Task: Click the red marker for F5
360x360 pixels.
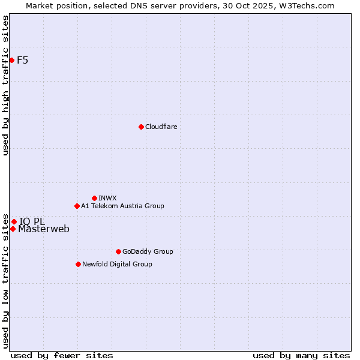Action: (x=11, y=60)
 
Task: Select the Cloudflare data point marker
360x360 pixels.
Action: (x=141, y=127)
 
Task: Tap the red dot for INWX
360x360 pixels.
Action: (x=94, y=198)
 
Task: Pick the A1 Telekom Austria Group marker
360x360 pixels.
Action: (x=77, y=206)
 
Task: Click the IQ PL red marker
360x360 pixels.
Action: (x=14, y=221)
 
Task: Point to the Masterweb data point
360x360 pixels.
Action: (x=13, y=229)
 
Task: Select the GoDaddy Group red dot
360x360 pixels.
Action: (x=118, y=251)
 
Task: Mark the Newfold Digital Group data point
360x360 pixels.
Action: (x=78, y=264)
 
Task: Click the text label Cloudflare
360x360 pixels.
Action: (x=161, y=127)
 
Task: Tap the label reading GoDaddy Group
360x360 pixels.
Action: (x=148, y=251)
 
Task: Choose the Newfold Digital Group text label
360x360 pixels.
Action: (x=117, y=264)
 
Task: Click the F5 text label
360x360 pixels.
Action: (x=23, y=60)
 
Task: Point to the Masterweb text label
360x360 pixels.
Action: (x=44, y=229)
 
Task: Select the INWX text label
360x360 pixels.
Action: (x=107, y=198)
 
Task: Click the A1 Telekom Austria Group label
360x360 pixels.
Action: (x=122, y=206)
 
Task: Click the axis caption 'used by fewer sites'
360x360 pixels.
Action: (x=62, y=355)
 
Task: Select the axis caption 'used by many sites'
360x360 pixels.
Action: (x=301, y=355)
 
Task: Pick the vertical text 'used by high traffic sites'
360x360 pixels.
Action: (x=5, y=85)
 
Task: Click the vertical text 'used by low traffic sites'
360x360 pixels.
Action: (x=5, y=280)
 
